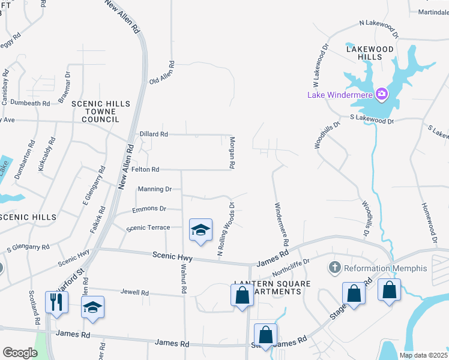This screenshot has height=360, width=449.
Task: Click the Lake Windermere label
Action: click(x=340, y=94)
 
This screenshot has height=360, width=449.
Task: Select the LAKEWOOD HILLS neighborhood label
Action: click(x=369, y=53)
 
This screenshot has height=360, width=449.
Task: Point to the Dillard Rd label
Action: click(x=154, y=134)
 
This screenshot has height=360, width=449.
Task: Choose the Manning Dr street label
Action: click(x=155, y=189)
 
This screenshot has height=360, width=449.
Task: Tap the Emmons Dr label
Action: click(x=149, y=209)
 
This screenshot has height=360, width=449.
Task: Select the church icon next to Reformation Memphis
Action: click(x=335, y=267)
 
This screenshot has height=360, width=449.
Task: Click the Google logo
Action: click(x=20, y=353)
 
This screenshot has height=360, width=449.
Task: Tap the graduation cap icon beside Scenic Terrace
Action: click(x=201, y=230)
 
